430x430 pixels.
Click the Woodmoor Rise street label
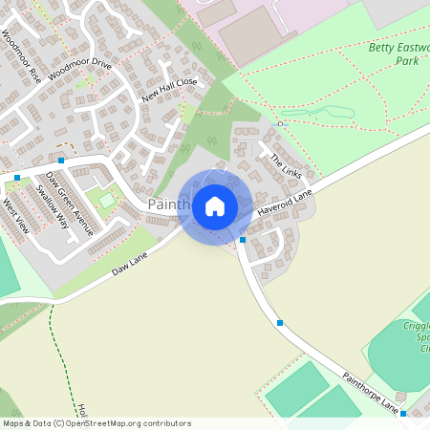pos(21,54)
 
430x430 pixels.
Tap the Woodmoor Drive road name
pos(85,68)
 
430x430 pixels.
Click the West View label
pos(16,215)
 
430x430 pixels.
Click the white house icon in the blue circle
pos(215,206)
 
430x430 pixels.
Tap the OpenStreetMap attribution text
pos(97,423)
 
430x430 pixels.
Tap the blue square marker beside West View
pos(18,177)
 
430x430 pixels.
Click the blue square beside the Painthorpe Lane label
pos(403,414)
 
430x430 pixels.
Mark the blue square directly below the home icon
pos(243,239)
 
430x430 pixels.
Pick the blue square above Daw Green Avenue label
pos(61,161)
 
